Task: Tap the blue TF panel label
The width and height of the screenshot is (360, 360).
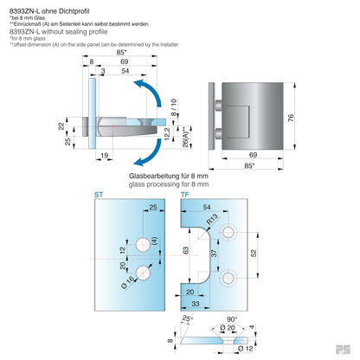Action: [x=185, y=196]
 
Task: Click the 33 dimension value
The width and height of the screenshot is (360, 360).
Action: [x=196, y=304]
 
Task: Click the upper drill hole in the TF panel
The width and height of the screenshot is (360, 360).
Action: [x=230, y=233]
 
